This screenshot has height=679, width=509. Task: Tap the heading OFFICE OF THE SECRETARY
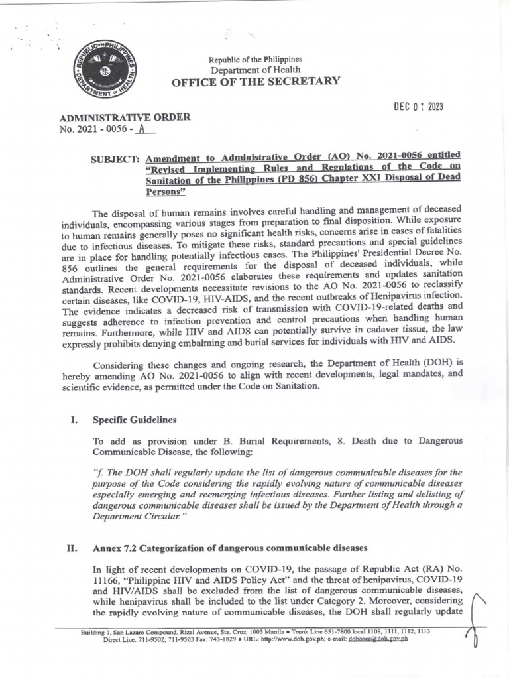click(x=256, y=82)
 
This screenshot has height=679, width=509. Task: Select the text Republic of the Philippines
click(x=255, y=59)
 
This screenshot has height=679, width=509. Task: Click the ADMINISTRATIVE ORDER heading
click(x=125, y=117)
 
